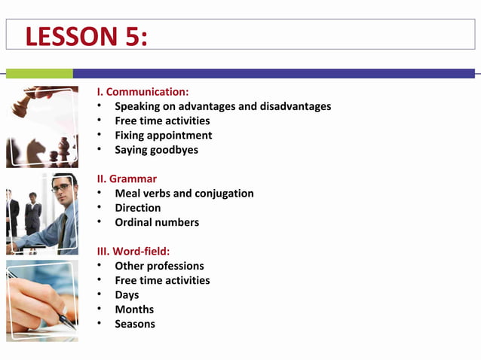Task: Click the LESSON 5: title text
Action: pos(86,36)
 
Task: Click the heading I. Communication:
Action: pos(142,92)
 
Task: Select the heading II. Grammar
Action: pos(127,178)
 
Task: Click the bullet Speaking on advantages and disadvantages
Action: pos(222,106)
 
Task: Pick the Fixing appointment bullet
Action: pos(163,136)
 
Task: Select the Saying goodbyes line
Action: pos(156,150)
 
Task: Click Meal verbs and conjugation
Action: pos(184,194)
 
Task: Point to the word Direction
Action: pos(137,208)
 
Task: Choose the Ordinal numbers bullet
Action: pos(157,222)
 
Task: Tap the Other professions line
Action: pos(159,266)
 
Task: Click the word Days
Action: pos(127,294)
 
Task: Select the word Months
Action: pos(134,310)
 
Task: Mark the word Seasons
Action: pos(135,324)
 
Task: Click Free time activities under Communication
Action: pos(162,121)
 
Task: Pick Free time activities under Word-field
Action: pos(162,280)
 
